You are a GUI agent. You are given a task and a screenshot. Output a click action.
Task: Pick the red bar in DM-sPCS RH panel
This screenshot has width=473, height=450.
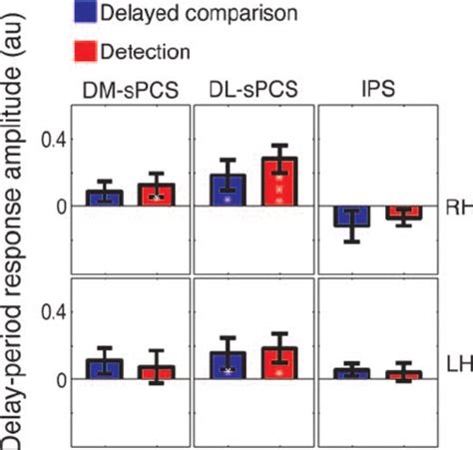click(x=155, y=196)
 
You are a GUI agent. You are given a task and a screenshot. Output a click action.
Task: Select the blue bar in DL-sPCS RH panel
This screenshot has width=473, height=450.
click(x=229, y=191)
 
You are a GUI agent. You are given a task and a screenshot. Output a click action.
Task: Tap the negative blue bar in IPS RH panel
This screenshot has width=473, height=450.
click(x=351, y=216)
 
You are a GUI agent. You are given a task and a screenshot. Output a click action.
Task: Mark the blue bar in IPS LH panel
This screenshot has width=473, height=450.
click(x=351, y=373)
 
